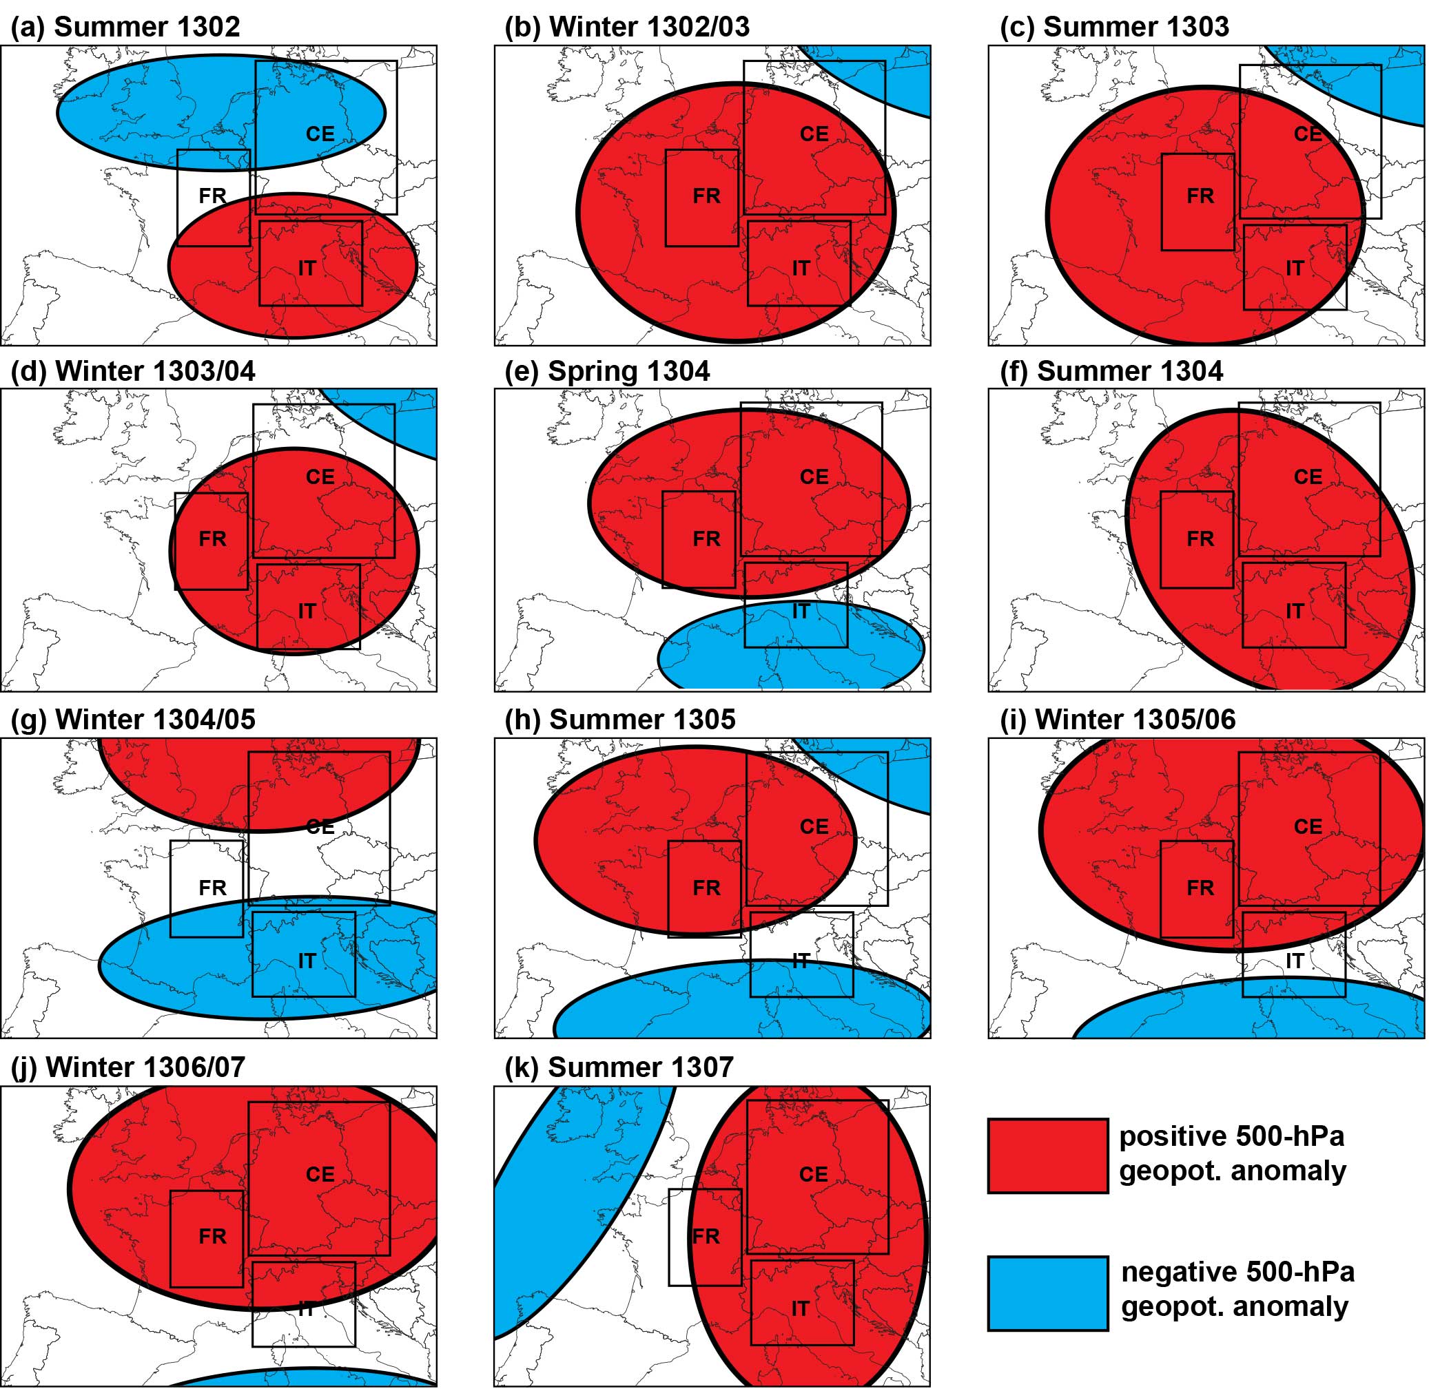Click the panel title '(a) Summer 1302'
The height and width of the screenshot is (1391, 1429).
[x=125, y=27]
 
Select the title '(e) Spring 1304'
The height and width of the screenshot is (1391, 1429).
[x=607, y=371]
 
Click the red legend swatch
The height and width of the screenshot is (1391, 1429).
[x=1047, y=1155]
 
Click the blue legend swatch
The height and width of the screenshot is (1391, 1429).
[x=1047, y=1293]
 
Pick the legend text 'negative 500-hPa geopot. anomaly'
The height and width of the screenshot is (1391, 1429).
[x=1237, y=1290]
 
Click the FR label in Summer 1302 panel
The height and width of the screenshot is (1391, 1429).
[x=213, y=196]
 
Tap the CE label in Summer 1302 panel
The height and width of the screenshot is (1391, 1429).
[x=320, y=134]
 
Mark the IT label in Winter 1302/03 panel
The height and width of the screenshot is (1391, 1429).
[x=801, y=269]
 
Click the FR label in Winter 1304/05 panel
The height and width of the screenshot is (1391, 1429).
[x=213, y=888]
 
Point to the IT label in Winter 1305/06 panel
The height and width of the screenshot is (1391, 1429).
[x=1295, y=961]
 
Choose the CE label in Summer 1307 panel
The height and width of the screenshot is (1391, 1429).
[x=814, y=1174]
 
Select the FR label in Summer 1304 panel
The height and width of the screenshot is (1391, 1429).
[x=1200, y=539]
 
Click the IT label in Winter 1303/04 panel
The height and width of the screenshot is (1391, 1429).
[x=307, y=611]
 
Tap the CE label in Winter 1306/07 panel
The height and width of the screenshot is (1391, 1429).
[x=320, y=1174]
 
